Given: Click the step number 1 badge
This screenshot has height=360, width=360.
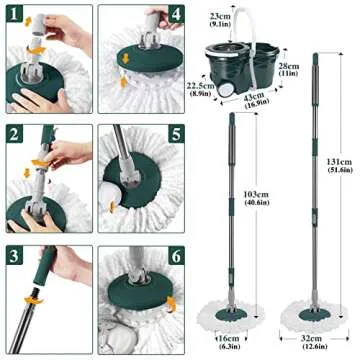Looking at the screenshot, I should point(15,16).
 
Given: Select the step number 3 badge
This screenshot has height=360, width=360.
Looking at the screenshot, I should point(15,255).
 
